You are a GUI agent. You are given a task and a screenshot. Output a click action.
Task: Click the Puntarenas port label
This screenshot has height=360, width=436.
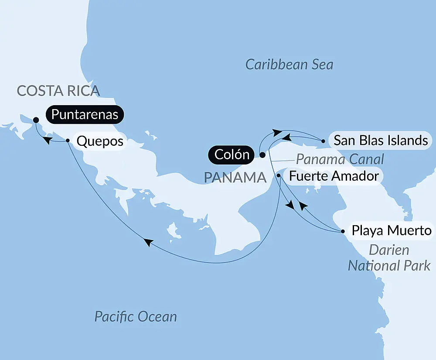[x=85, y=115]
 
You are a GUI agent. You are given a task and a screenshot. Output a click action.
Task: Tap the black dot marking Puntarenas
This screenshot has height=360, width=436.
[x=36, y=120]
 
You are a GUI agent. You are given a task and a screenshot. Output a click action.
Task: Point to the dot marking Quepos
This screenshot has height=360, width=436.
[x=68, y=141]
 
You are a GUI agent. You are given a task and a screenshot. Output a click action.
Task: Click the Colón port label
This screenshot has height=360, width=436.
[x=232, y=154]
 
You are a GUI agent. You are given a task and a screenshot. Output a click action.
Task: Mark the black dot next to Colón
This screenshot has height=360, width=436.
[x=262, y=154]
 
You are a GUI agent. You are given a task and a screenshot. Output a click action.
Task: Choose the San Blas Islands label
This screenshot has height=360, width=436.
[x=380, y=141]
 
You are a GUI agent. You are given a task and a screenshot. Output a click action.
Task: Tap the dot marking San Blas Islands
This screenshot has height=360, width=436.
[x=323, y=141]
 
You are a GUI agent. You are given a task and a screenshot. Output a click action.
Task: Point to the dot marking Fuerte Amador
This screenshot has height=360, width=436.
[x=279, y=175]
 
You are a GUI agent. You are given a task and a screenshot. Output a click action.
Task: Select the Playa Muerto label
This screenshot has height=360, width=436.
[x=392, y=230]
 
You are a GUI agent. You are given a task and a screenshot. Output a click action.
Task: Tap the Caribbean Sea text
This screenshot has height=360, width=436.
[x=289, y=65]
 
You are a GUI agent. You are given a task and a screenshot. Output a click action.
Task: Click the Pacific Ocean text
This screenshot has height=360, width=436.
[x=136, y=316]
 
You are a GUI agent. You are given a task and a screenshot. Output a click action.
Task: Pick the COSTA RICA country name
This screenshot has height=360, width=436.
[x=58, y=91]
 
